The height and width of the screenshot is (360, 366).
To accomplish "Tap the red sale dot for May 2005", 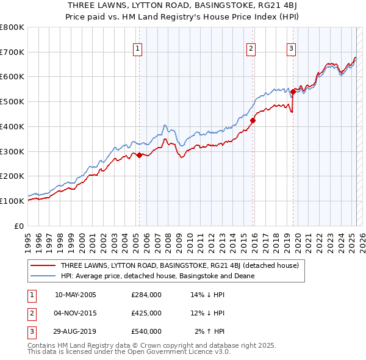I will [x=139, y=155].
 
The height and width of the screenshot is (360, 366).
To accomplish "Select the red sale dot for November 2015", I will [x=253, y=120].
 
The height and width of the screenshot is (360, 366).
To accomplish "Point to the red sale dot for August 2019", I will [x=293, y=92].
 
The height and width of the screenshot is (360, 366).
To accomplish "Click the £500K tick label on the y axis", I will [x=12, y=101].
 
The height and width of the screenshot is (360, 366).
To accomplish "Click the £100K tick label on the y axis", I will [x=12, y=201].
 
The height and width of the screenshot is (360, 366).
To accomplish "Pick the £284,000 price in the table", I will [x=146, y=294].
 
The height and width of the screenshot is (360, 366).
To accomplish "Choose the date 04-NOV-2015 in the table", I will [x=76, y=313].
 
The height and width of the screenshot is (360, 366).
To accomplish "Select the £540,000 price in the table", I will [x=146, y=331].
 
